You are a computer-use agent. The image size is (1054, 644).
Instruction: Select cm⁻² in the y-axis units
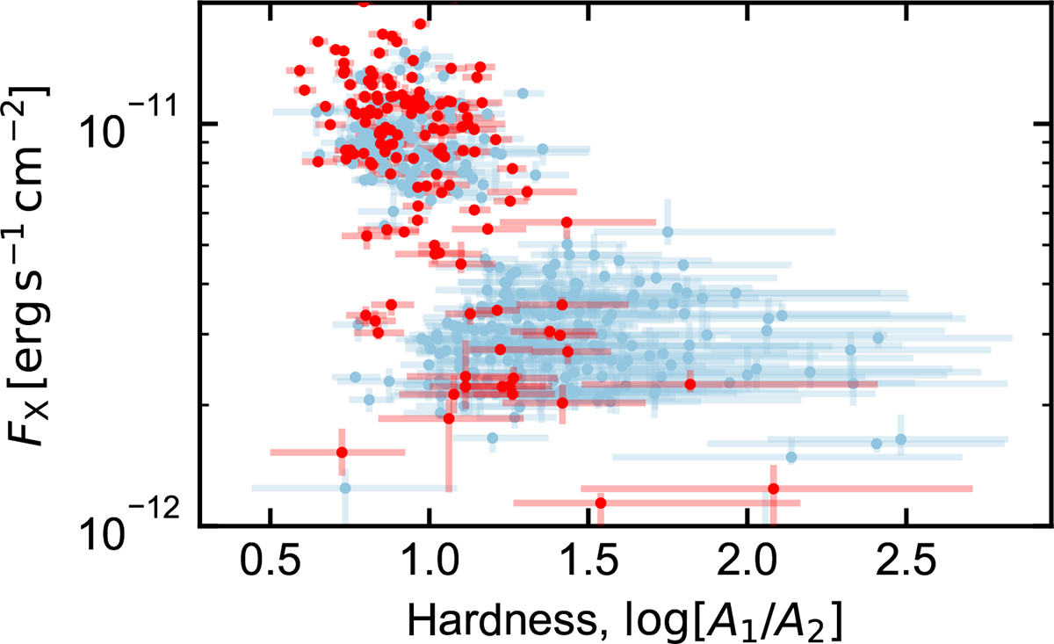coord(40,141)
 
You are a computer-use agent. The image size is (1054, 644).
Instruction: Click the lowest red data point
coord(601,503)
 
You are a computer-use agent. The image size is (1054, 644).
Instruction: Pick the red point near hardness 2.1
coord(773,488)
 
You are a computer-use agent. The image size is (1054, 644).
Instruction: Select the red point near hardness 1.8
coord(690,384)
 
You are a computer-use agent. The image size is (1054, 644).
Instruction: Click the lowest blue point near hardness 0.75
coord(345,488)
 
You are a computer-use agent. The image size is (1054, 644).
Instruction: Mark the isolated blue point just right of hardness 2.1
coord(791,457)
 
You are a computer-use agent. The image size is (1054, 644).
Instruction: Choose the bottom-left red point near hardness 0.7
coord(342,452)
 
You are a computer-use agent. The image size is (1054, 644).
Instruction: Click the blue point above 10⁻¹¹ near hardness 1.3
coord(523,93)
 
